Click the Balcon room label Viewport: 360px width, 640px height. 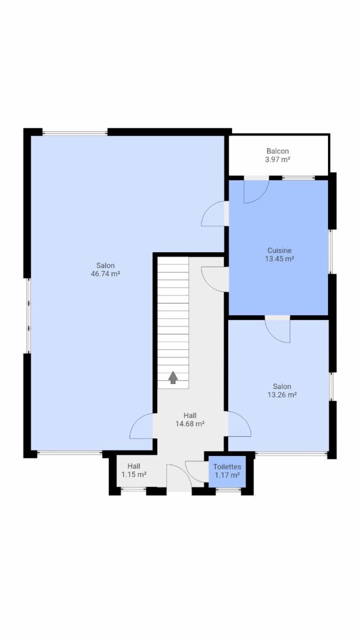[x=278, y=151]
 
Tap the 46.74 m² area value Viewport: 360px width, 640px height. [x=106, y=274]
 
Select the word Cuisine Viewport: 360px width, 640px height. [x=279, y=251]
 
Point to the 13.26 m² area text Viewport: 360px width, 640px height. [x=282, y=395]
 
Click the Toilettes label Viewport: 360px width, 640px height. [x=227, y=467]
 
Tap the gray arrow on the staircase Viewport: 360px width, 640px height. [x=173, y=378]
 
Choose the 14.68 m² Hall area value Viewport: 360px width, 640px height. [x=190, y=423]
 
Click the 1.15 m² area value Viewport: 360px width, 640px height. [x=134, y=475]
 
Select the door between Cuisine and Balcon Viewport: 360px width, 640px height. [x=257, y=190]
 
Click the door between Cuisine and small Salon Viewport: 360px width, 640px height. [x=277, y=330]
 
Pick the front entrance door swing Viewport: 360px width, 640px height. [x=179, y=478]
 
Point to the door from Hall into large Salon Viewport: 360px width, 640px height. [x=141, y=426]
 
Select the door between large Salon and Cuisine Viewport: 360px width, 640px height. [x=215, y=213]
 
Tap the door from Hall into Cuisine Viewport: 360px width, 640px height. [x=215, y=279]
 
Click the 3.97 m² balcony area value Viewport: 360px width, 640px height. [x=278, y=159]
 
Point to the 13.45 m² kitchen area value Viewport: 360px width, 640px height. [x=279, y=259]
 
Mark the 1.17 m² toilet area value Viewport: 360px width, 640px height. [x=227, y=475]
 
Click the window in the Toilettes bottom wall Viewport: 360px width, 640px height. [x=228, y=490]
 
